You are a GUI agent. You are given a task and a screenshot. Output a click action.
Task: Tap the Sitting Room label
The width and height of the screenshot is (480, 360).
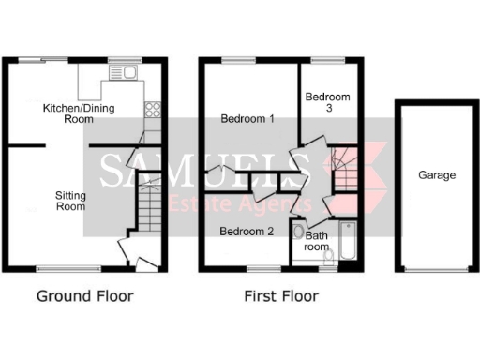(71, 201)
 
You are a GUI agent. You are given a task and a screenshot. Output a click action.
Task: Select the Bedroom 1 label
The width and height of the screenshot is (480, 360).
(247, 119)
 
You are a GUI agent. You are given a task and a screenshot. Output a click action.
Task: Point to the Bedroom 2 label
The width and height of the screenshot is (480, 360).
(247, 231)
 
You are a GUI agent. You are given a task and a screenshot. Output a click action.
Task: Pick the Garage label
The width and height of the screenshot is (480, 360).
(436, 175)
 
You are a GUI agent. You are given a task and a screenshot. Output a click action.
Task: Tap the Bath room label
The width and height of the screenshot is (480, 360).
(317, 242)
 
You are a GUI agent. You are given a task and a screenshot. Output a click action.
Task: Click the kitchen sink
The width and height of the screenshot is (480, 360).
(124, 73)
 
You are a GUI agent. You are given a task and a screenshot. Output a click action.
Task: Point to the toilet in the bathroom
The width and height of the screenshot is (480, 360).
(298, 232)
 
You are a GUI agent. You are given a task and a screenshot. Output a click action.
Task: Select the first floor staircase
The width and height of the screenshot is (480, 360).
(347, 169)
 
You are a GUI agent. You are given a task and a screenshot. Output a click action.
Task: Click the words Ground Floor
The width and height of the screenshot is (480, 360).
(84, 296)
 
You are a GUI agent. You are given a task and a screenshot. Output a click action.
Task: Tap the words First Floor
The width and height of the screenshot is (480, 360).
(281, 296)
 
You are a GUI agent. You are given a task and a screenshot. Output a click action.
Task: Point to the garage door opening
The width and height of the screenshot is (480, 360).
(436, 271)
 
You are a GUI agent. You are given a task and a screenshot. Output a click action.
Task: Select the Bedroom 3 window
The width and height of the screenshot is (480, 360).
(328, 61)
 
